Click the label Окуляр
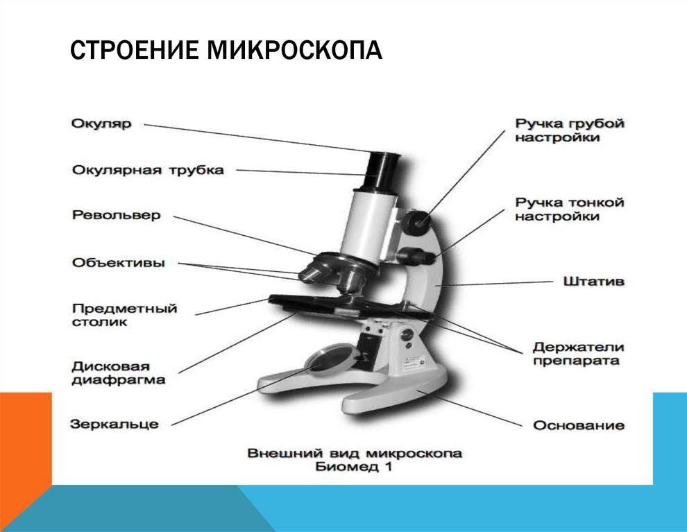point(101,123)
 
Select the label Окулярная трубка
point(148,170)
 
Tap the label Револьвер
point(116,215)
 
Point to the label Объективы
point(118,263)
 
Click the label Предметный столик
point(124,315)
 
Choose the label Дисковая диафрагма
point(118,372)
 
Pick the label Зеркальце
point(114,424)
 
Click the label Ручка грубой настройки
point(570,130)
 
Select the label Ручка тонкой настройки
point(570,209)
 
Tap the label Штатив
point(594,281)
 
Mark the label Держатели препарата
point(578,354)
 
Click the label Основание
point(579,425)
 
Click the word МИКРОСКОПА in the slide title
point(294,50)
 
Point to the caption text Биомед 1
point(354,466)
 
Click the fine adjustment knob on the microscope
point(417,255)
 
